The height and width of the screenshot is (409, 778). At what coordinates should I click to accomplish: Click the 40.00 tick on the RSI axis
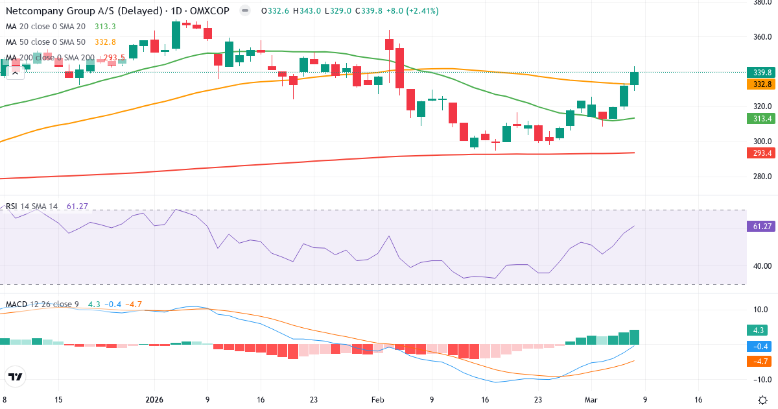click(760, 266)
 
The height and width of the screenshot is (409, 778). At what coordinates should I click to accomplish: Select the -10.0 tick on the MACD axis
click(760, 380)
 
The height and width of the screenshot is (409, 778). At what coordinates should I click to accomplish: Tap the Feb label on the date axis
click(379, 400)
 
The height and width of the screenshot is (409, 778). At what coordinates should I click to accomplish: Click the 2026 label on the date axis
click(154, 400)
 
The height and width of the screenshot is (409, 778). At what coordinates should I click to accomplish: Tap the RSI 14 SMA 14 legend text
click(32, 206)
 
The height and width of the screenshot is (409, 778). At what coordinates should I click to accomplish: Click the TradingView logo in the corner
click(16, 377)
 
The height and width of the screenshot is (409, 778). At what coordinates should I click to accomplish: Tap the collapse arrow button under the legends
click(14, 73)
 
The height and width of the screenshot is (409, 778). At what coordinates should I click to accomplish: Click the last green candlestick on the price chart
click(634, 79)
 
